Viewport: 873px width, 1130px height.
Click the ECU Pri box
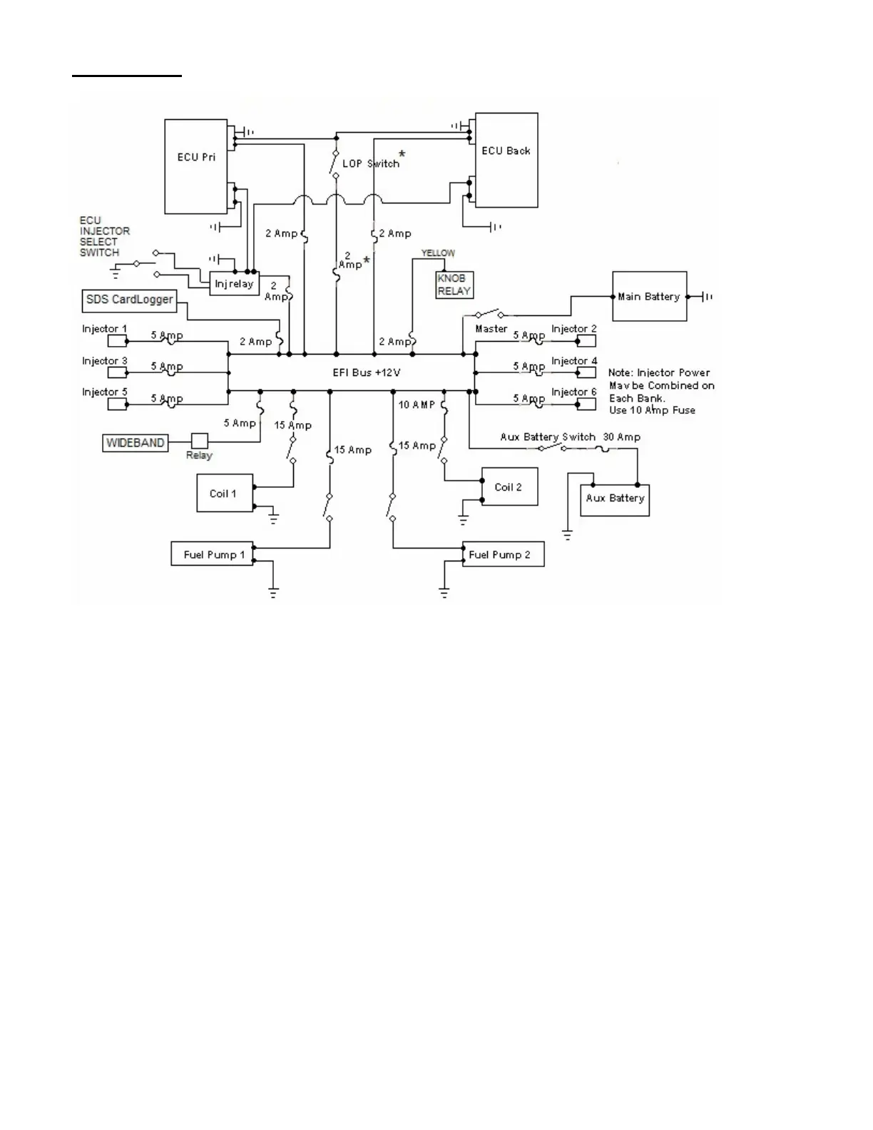(195, 166)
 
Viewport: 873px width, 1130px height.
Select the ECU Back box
(506, 160)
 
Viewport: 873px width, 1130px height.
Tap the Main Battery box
(649, 296)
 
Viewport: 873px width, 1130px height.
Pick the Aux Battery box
(616, 498)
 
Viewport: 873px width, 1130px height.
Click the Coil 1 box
(225, 493)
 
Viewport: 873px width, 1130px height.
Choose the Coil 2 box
(509, 487)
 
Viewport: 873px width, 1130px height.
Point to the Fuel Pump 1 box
(213, 554)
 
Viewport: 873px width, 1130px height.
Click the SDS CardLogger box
(129, 300)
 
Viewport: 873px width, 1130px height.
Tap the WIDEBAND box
(136, 443)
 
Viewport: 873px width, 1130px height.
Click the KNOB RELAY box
(454, 285)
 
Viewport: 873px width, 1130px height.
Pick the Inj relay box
(234, 284)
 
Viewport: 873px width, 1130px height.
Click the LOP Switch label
(371, 163)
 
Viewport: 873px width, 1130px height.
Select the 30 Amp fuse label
(622, 437)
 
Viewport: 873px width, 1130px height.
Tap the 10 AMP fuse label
(417, 404)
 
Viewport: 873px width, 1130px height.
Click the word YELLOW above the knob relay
(438, 253)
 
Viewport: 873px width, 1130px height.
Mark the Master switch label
(491, 329)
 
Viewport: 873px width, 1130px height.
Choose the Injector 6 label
(574, 392)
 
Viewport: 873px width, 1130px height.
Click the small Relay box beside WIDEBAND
(199, 442)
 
